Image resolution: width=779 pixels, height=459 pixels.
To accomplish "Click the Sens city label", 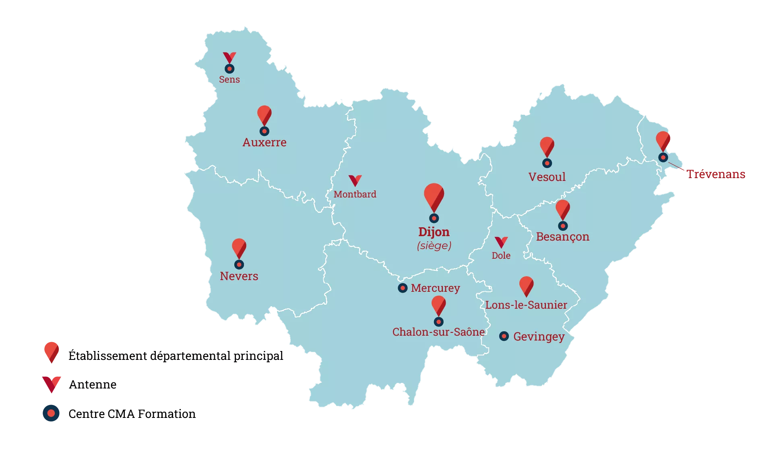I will [229, 80].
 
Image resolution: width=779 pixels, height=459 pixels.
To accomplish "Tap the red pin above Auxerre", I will [264, 115].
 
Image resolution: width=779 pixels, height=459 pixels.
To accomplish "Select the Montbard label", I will [355, 194].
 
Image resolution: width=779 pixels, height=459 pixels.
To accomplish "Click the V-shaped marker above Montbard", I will [355, 180].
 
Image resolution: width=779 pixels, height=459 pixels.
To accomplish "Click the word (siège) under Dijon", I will [434, 245].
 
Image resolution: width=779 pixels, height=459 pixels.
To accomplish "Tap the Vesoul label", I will [547, 177].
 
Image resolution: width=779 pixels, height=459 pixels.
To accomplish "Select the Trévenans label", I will [716, 174].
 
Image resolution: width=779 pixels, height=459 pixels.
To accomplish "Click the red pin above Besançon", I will [563, 209].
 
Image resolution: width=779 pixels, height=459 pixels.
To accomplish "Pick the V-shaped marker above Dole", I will [501, 242].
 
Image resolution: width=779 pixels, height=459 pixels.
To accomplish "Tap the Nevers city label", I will [239, 276].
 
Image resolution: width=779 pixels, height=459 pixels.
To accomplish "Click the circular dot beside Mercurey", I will [403, 288].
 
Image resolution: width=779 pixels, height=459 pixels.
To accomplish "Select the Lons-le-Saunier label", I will [526, 305].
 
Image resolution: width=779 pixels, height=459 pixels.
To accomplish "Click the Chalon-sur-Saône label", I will [438, 332].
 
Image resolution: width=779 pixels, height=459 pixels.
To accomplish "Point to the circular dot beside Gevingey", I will [504, 336].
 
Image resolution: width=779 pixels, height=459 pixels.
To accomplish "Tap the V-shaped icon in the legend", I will [52, 384].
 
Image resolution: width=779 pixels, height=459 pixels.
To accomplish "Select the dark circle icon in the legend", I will [52, 413].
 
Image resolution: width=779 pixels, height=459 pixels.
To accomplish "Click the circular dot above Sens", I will [229, 69].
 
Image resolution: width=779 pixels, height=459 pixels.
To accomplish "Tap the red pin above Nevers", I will [239, 247].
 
